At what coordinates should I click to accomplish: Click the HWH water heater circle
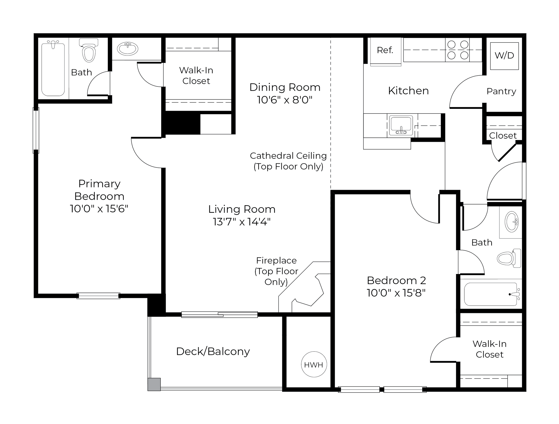(x=314, y=364)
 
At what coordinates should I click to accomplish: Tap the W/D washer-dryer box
(x=504, y=56)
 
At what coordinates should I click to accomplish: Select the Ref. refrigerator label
(x=385, y=50)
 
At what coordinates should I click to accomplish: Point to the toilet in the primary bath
(x=89, y=50)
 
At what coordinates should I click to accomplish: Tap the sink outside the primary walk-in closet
(x=128, y=49)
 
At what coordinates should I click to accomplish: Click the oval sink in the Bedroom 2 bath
(x=512, y=222)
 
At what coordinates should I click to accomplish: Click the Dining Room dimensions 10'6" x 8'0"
(x=285, y=100)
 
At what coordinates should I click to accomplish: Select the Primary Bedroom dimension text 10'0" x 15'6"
(x=99, y=209)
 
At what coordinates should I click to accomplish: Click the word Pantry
(x=501, y=91)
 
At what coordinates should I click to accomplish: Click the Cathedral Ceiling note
(x=288, y=161)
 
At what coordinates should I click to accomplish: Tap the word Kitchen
(x=408, y=91)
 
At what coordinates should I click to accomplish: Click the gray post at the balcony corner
(x=154, y=384)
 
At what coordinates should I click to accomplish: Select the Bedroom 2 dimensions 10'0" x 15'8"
(x=396, y=293)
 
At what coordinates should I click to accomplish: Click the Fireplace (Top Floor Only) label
(x=276, y=271)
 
